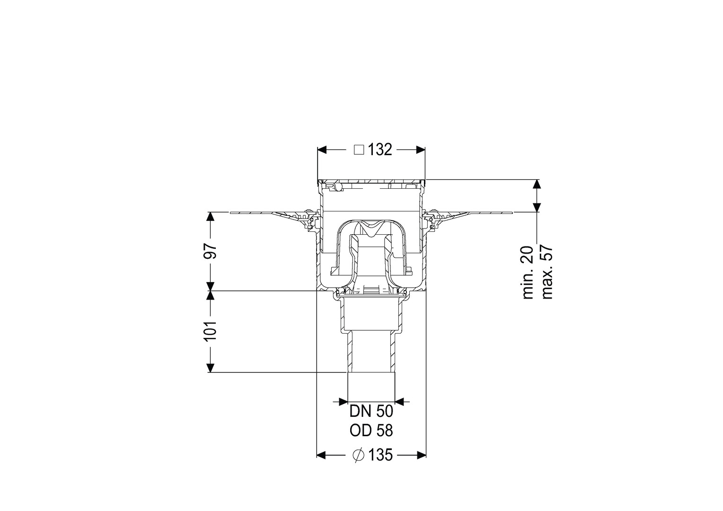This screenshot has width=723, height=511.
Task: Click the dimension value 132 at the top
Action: point(380,150)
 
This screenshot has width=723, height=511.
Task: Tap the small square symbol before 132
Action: point(359,150)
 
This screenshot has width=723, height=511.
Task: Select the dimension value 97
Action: point(210,251)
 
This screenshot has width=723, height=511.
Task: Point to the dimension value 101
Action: point(210,331)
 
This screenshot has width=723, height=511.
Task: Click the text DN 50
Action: point(371,412)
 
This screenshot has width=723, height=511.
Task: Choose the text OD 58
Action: point(371,431)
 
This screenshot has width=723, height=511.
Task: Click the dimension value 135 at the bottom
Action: point(380,455)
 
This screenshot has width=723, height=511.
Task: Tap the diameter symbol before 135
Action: point(359,456)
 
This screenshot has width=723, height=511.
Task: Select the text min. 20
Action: point(528,273)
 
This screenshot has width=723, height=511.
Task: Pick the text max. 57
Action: point(547,273)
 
